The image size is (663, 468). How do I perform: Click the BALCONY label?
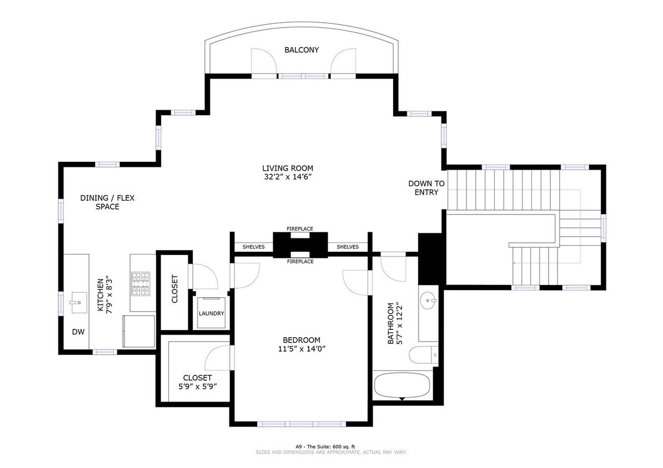302,50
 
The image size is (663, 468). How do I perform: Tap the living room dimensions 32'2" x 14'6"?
288,177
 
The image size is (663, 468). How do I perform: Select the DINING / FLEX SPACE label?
108,202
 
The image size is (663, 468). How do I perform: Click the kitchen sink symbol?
76,303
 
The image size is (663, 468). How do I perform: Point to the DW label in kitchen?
78,332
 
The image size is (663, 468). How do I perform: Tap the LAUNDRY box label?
212,314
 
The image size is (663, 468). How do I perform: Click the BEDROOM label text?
302,340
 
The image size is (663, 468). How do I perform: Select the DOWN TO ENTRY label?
426,188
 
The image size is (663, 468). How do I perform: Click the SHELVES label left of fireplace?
254,247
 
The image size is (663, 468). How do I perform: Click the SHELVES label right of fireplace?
348,247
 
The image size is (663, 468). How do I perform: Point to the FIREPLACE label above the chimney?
300,228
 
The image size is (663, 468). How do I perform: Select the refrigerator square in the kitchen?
139,331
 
